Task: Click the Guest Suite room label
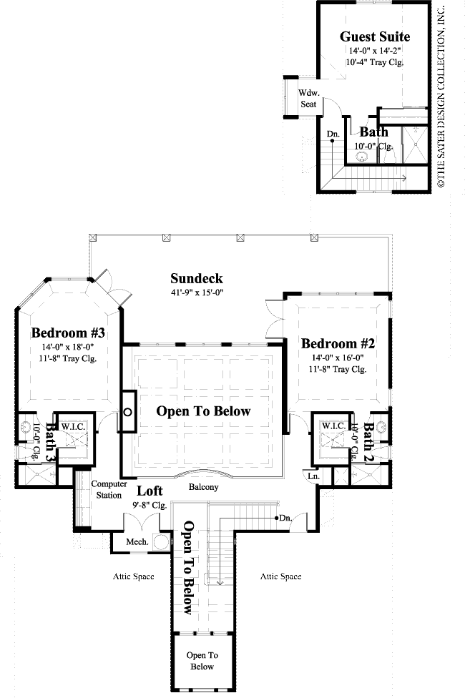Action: pos(375,36)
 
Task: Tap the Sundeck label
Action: pos(197,279)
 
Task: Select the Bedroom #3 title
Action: pos(68,333)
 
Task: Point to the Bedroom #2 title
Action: pos(338,343)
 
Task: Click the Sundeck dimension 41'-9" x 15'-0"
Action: pos(197,293)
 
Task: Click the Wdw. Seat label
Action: pos(308,99)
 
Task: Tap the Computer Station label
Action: pos(109,489)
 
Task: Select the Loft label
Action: pos(150,491)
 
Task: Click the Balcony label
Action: pos(204,487)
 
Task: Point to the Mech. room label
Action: pos(137,542)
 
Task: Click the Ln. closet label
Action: pos(313,476)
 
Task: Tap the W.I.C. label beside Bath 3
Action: pos(72,426)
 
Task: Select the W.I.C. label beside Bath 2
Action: pos(333,426)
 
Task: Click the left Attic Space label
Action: pos(134,576)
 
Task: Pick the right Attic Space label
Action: pos(280,576)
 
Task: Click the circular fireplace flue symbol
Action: pos(127,412)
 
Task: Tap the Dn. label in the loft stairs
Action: pos(285,518)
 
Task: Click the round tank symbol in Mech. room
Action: pos(161,541)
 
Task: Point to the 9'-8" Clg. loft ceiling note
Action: pos(150,505)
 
